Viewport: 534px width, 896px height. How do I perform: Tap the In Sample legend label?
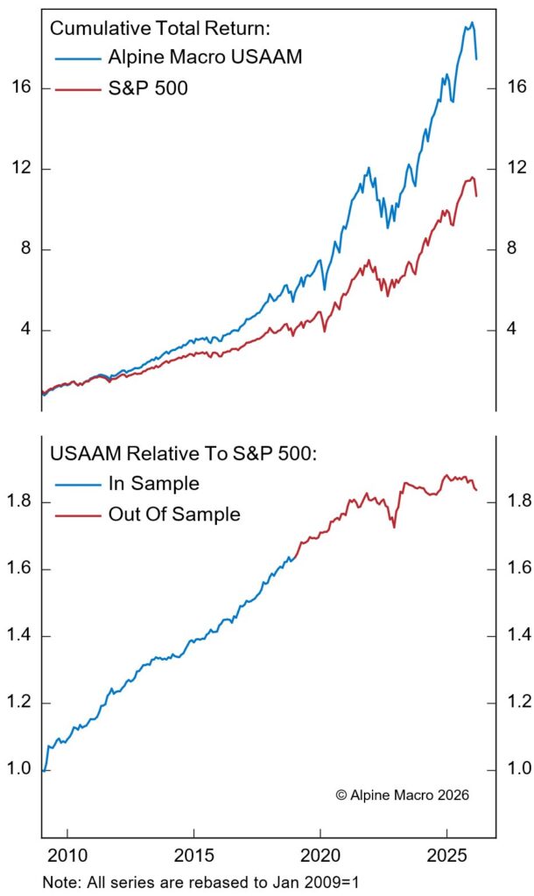point(153,484)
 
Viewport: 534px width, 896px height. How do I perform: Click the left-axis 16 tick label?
point(24,87)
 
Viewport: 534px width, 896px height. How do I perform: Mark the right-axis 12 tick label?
point(516,168)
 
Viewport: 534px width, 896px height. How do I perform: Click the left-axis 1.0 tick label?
point(20,769)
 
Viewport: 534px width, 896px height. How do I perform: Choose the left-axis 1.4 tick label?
point(20,635)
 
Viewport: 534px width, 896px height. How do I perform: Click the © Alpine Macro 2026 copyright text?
point(402,795)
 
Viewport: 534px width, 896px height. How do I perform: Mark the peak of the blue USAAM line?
point(471,23)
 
